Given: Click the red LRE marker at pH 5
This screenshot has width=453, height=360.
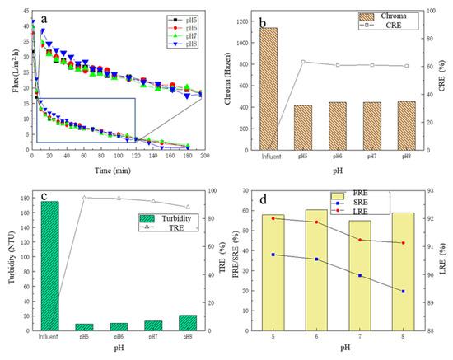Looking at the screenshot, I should (273, 218).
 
